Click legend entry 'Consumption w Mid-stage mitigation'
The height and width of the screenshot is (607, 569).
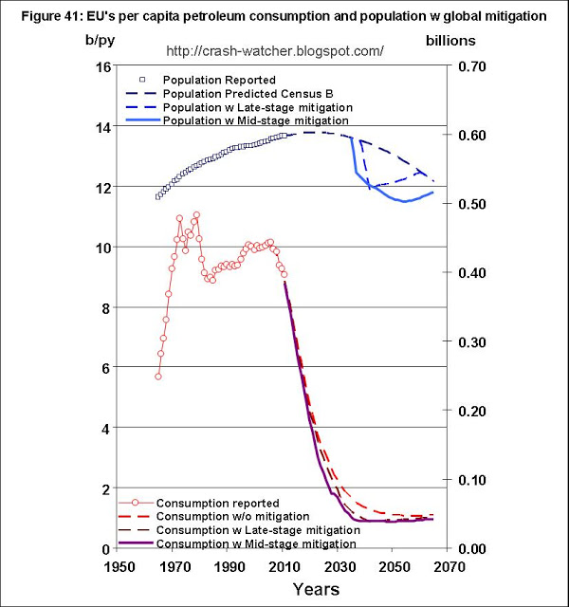pyautogui.click(x=255, y=544)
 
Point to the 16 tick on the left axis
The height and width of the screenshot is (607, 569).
pyautogui.click(x=94, y=66)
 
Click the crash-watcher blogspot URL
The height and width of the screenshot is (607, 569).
pyautogui.click(x=274, y=49)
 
